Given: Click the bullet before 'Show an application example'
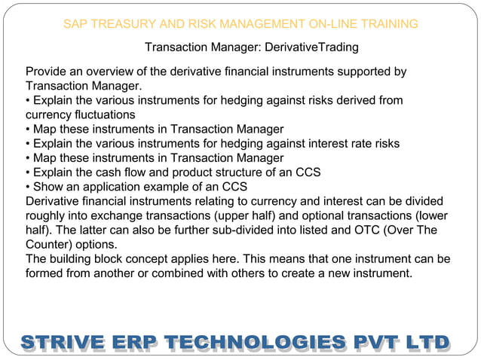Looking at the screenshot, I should (x=28, y=187).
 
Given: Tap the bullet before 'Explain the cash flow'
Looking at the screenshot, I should (x=28, y=172).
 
